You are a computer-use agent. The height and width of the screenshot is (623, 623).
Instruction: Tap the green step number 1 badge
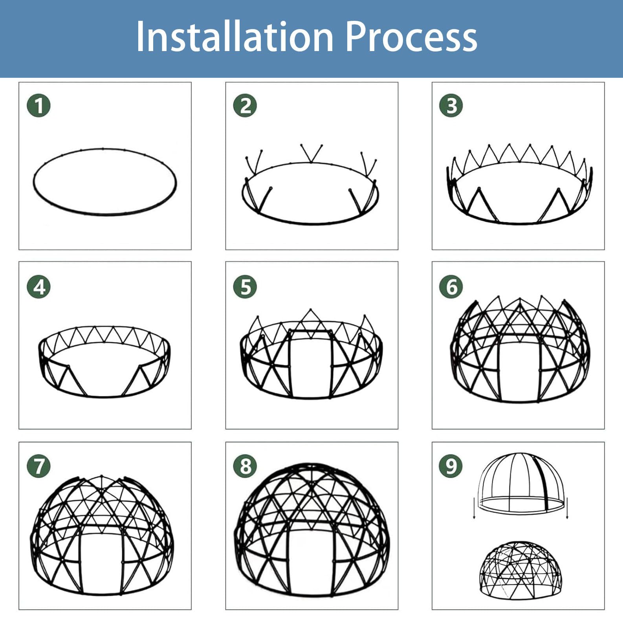[x=38, y=105]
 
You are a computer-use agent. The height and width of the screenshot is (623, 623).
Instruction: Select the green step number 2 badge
[x=245, y=105]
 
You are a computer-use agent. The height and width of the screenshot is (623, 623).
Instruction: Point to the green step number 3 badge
[x=451, y=105]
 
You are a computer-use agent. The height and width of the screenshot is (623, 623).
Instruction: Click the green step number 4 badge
[x=38, y=286]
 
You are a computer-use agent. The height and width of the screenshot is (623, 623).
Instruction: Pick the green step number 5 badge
[x=245, y=286]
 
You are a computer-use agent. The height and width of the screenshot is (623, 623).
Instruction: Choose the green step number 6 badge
[x=451, y=286]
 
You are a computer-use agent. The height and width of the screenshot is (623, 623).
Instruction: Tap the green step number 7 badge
[x=38, y=466]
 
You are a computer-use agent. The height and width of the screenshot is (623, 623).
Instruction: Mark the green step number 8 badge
[x=245, y=466]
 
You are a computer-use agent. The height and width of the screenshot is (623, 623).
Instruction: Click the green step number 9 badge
[x=451, y=466]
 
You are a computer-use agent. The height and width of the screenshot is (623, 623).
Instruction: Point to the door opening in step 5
[x=310, y=363]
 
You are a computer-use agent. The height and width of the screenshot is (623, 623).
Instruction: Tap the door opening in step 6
[x=519, y=371]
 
